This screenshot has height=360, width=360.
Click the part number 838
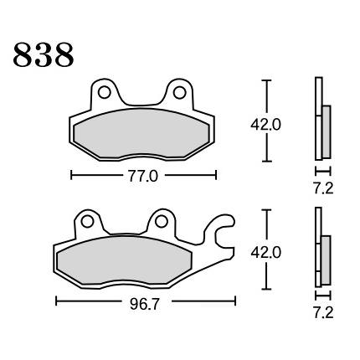point(44,55)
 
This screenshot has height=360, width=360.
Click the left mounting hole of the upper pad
point(105,92)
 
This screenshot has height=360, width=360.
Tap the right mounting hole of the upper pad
point(179,93)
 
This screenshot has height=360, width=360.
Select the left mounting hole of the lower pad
point(87,222)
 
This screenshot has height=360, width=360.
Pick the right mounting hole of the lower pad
point(162,222)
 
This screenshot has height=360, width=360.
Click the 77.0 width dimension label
point(143,177)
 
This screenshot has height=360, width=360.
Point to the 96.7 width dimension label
point(145,304)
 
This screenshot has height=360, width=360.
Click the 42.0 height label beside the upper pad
point(265,125)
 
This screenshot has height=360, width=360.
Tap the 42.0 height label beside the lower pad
point(265,253)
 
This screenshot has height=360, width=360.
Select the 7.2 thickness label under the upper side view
point(323,189)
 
